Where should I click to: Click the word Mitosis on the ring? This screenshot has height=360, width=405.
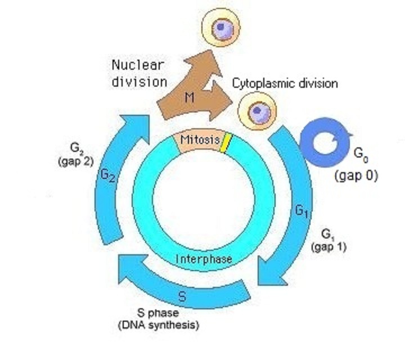click(200, 140)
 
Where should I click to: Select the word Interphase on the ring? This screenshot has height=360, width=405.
click(204, 259)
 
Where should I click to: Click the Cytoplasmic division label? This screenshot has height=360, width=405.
click(285, 84)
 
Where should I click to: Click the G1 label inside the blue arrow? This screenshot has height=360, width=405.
click(301, 212)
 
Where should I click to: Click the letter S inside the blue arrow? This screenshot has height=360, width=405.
click(182, 296)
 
